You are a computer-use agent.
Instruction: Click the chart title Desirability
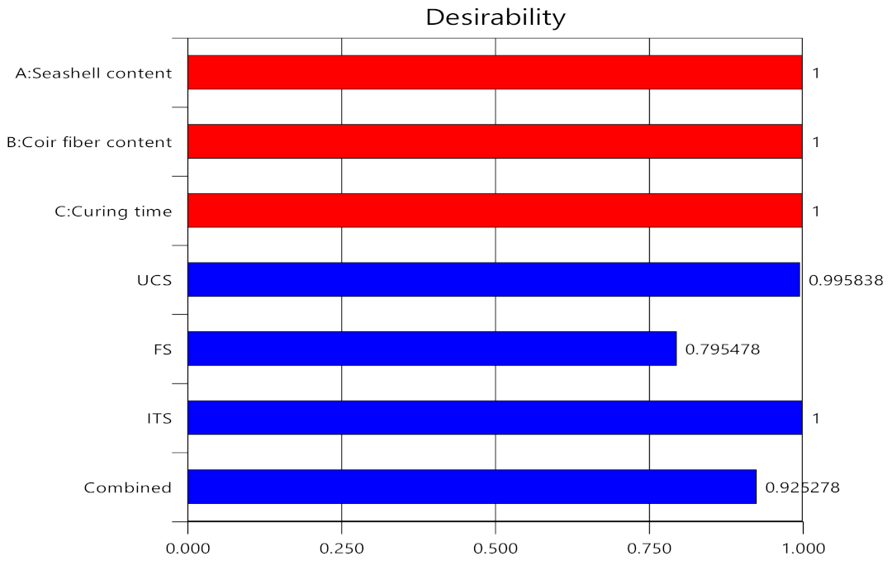(495, 17)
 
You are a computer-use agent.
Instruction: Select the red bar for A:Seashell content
(495, 73)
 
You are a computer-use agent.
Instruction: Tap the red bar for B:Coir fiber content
(495, 141)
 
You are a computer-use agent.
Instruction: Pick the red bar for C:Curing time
(495, 211)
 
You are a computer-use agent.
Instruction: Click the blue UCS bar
(493, 279)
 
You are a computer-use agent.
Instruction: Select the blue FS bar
(432, 349)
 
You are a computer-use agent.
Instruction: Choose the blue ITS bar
(495, 417)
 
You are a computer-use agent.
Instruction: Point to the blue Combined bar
(472, 487)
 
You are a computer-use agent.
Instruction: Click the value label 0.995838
(846, 280)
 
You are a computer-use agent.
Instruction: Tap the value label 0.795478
(723, 349)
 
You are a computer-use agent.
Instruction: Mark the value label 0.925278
(803, 487)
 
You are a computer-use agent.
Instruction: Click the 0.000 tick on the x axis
(188, 547)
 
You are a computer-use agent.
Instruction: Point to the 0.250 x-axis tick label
(342, 547)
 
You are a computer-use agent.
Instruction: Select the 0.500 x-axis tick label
(496, 547)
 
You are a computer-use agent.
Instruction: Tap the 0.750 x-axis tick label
(649, 547)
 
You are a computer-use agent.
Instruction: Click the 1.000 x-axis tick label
(803, 547)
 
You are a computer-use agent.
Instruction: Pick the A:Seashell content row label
(94, 74)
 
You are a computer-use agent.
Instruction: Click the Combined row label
(128, 487)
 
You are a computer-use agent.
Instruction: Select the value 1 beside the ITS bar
(816, 418)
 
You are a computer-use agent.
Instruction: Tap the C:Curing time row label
(108, 212)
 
